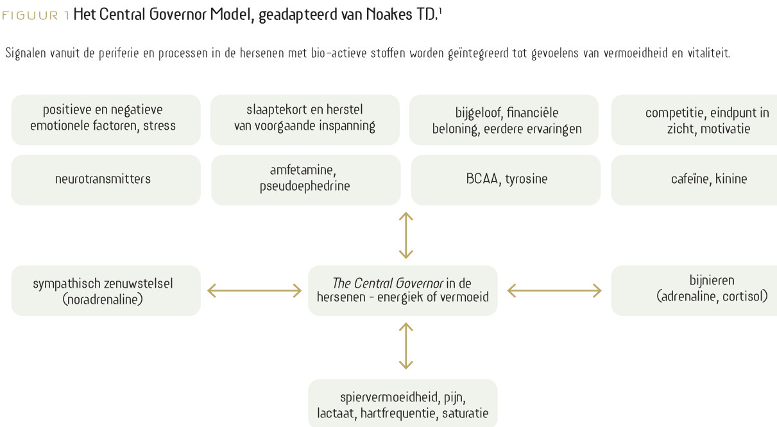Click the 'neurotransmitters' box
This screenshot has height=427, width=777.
pos(106,180)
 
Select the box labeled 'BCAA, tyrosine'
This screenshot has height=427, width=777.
pos(506,180)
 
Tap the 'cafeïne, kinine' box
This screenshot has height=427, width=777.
pos(694,180)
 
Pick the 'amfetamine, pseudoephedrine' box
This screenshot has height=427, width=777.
pos(305,180)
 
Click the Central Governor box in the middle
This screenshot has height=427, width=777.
pos(403,291)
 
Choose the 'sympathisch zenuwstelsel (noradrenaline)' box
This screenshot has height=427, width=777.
pos(106,291)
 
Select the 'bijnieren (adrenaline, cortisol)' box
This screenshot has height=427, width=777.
pos(694,291)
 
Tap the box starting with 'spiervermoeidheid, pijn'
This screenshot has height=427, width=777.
pos(403,403)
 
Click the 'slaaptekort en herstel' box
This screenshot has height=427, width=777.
pos(305,120)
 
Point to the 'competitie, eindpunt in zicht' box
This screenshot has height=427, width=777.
pos(694,120)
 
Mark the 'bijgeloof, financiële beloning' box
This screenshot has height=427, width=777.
pos(504,120)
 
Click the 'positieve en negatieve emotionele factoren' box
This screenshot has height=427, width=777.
pos(106,120)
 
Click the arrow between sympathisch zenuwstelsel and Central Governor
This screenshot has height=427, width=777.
pos(255,291)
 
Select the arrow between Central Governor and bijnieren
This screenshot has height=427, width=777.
pos(554,291)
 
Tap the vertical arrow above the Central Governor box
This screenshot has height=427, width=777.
pos(406,236)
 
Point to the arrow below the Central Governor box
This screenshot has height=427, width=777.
pos(406,346)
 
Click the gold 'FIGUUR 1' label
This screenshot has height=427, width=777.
pos(36,15)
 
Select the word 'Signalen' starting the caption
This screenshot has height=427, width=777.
pos(26,53)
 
